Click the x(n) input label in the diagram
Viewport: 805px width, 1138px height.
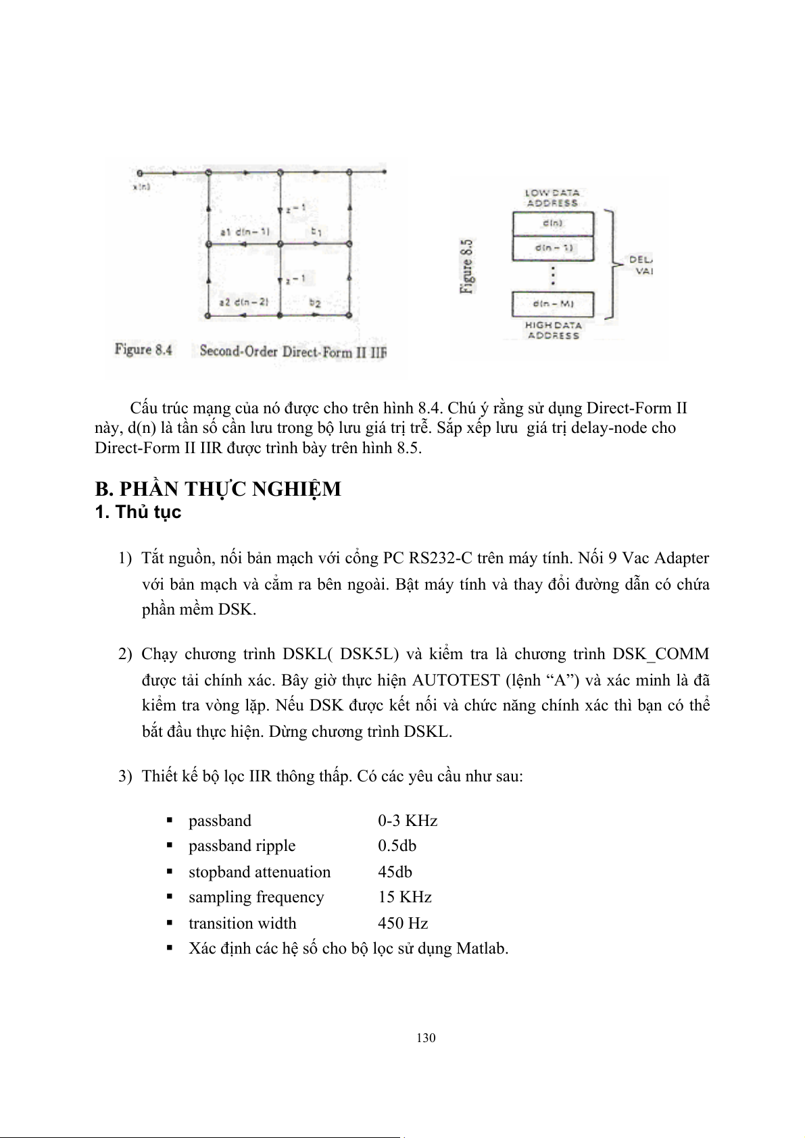(141, 187)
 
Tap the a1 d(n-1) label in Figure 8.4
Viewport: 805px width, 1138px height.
(245, 232)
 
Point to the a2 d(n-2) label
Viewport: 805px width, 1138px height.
(244, 302)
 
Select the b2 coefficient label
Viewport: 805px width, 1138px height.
(315, 303)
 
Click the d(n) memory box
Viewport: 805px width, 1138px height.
(553, 224)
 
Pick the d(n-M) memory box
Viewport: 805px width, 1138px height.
(553, 304)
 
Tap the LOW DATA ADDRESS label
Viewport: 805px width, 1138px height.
(552, 197)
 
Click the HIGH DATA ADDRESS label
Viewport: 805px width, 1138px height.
(553, 330)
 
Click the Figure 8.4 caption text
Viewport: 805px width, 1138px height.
(143, 350)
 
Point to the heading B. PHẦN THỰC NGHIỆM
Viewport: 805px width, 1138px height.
(218, 489)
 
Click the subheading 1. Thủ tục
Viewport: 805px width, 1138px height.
(138, 512)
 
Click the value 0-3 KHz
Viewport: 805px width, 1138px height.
(408, 821)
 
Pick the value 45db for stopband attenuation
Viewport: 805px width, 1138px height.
(395, 872)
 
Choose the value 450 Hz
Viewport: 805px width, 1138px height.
(403, 923)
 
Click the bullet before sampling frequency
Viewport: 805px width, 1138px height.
(170, 898)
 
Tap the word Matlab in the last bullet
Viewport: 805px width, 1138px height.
(480, 948)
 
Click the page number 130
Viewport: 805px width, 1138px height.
(426, 1038)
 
